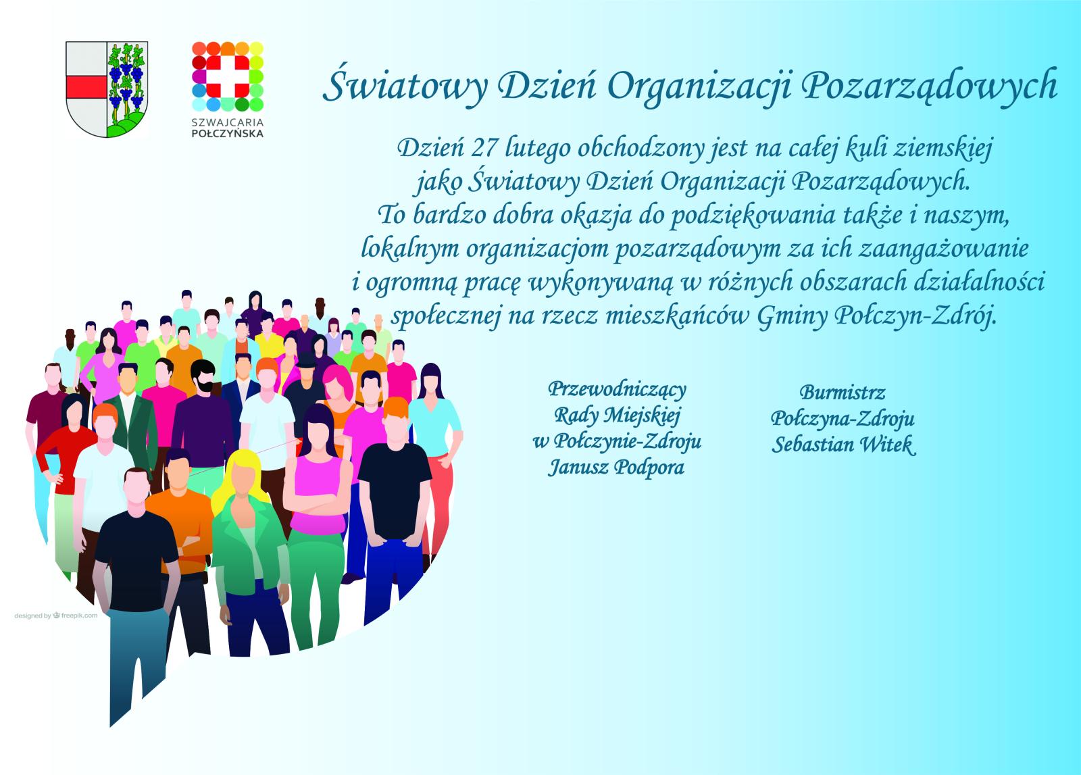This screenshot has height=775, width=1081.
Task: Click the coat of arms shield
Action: pos(107,89)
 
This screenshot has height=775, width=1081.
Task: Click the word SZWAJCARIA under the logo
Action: pos(227,122)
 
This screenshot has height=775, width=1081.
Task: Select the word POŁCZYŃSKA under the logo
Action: pos(227,133)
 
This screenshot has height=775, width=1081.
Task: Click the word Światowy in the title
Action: pos(405,87)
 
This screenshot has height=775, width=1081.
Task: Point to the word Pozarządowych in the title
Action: pos(930,87)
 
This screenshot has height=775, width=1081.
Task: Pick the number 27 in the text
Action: pos(484,148)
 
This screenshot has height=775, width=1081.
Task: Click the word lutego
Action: pos(538,149)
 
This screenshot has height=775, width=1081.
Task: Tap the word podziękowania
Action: pos(753,216)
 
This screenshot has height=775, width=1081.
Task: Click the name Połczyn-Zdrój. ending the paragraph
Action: pos(915,317)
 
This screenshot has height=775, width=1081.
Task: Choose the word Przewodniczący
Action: pos(617,389)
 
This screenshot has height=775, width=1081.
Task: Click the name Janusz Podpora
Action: pos(616,467)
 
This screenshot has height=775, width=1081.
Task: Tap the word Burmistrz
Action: pos(842,393)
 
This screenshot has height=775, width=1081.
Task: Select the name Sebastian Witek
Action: pos(843,444)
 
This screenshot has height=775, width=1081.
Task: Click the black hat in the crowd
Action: pos(306,360)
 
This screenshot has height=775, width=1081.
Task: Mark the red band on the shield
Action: pos(86,87)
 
